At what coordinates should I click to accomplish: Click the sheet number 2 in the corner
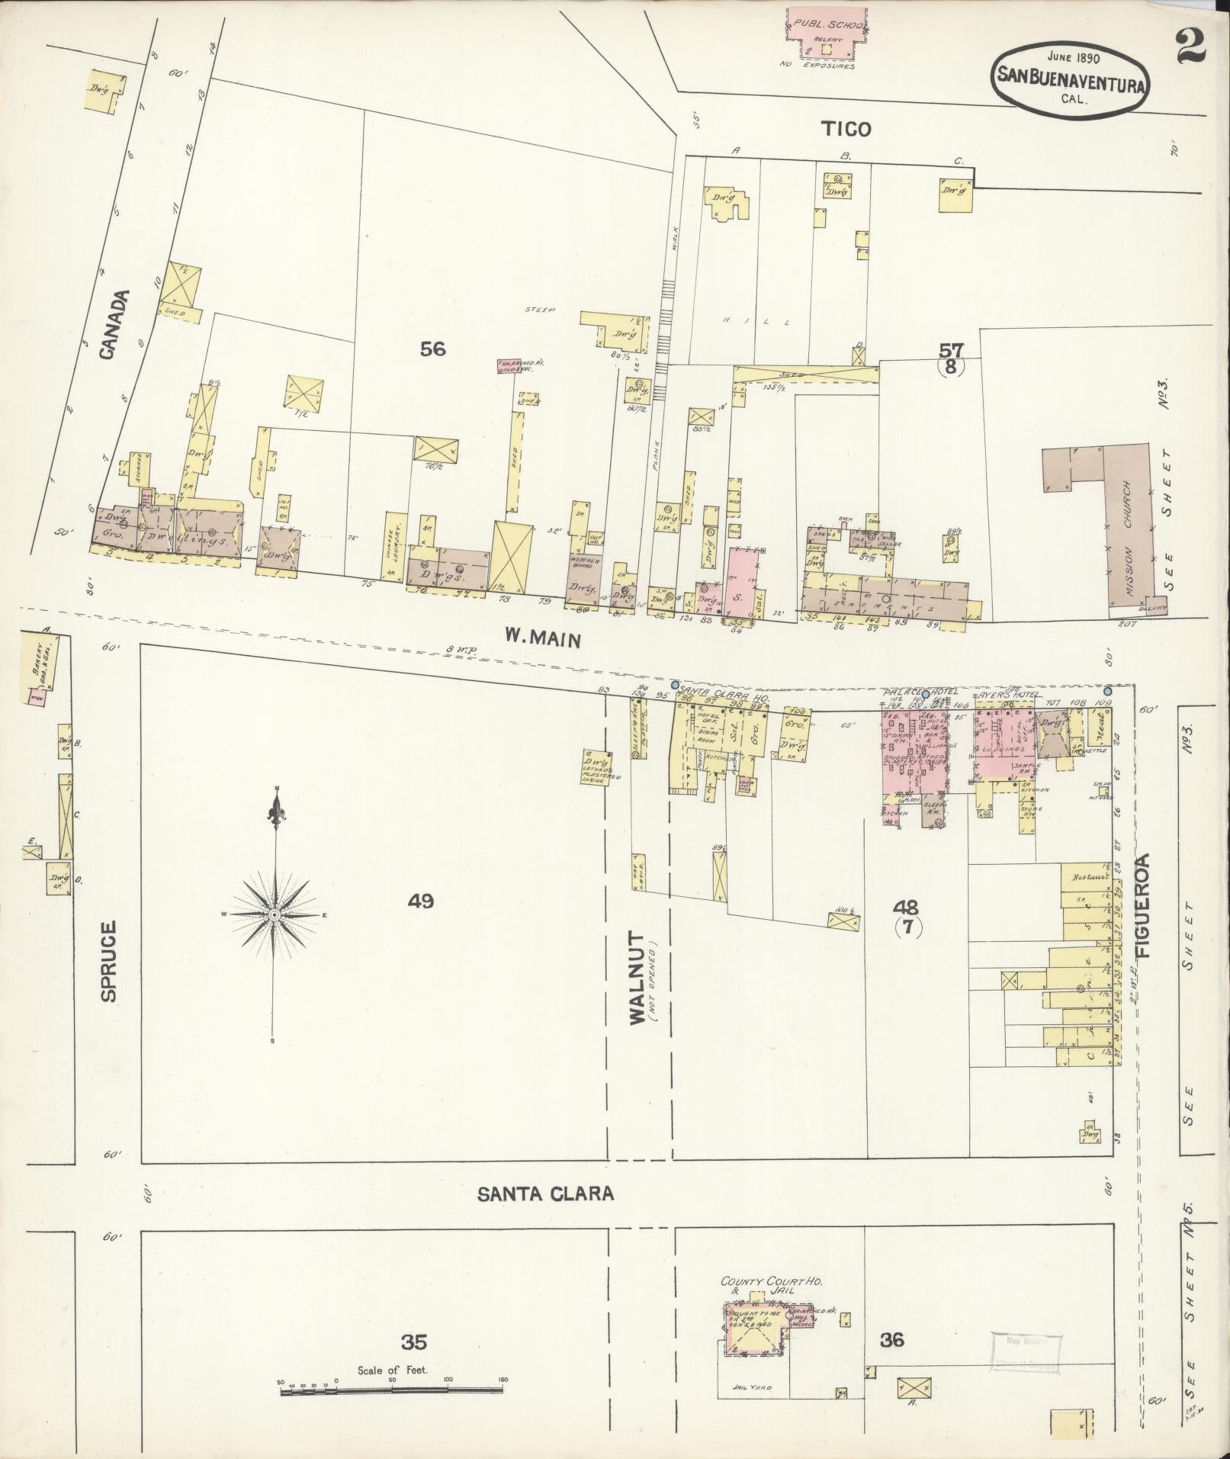click(1190, 47)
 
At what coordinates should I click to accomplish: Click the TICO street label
click(846, 129)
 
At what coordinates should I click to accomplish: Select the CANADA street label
click(110, 324)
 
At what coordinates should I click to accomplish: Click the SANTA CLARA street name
click(545, 1194)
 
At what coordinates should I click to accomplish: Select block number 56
click(432, 349)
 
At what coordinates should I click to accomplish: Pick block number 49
click(420, 901)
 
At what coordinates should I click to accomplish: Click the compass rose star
click(274, 913)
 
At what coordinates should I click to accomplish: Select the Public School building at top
click(827, 32)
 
